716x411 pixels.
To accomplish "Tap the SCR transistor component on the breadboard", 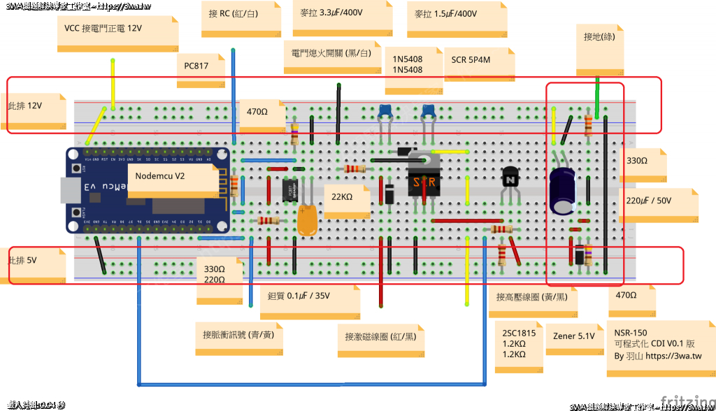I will click(423, 180).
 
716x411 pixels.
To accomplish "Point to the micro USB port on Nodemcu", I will click(69, 190).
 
